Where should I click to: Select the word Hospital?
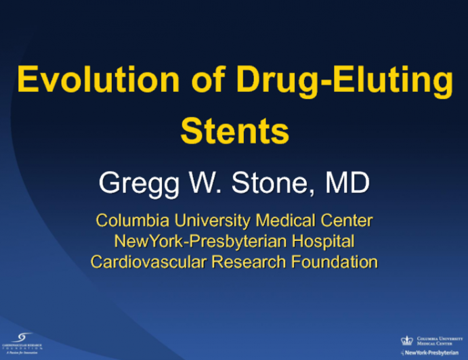pos(322,241)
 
